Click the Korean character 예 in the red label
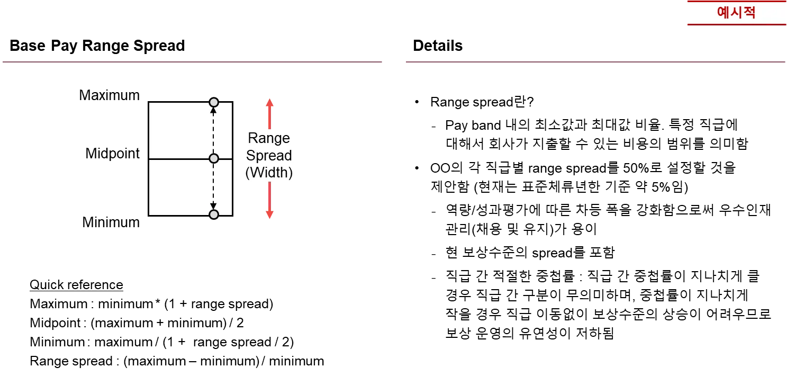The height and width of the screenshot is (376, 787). [x=723, y=13]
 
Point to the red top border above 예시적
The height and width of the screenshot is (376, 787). [x=736, y=2]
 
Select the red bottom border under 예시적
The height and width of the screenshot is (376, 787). [x=736, y=24]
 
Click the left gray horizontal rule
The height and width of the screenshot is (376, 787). [x=193, y=61]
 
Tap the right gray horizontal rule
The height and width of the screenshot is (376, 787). [x=594, y=61]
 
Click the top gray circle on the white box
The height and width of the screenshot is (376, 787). [x=214, y=102]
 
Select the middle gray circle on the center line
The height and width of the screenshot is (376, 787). [x=214, y=158]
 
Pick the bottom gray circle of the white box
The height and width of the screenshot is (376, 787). [x=214, y=214]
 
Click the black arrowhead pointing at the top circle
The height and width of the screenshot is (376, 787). [x=214, y=111]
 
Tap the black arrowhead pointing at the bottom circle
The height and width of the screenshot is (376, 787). [x=214, y=206]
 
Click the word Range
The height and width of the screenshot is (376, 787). [x=269, y=138]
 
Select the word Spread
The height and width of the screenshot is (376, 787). [x=269, y=156]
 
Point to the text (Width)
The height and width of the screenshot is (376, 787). [x=269, y=173]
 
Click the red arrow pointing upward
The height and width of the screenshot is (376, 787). [x=269, y=112]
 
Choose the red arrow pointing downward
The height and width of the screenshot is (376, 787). [x=269, y=201]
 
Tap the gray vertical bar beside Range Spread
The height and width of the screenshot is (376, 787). [x=234, y=155]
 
